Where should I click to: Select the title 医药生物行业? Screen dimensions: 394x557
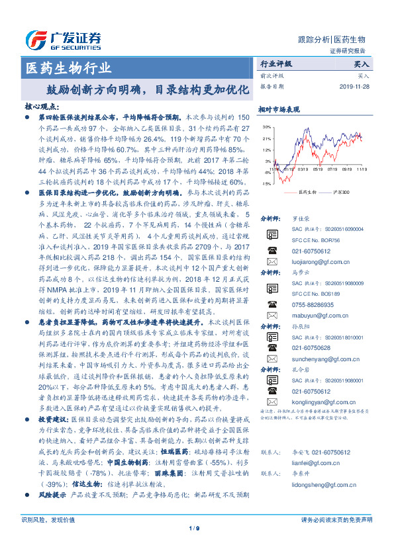click(68, 67)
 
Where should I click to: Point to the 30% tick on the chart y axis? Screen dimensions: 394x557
click(265, 126)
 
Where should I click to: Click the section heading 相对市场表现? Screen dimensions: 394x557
click(279, 109)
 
